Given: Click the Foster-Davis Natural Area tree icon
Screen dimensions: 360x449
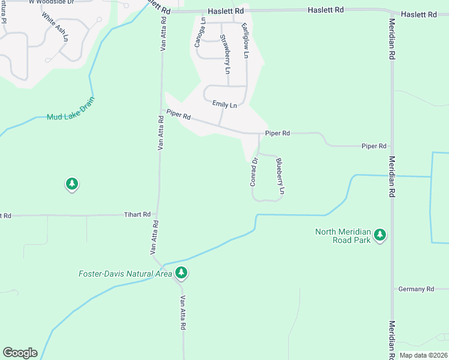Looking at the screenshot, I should pos(181,274).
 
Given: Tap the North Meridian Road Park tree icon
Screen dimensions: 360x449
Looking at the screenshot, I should pos(379,235).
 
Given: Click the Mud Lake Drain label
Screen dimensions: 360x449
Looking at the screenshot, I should pos(71,116).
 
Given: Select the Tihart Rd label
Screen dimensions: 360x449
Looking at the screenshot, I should pos(137,214).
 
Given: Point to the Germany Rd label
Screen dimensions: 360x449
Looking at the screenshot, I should pos(416,289).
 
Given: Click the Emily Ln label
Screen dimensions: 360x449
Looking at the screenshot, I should pos(224,104).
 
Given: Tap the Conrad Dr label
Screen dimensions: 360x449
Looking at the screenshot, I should pos(254,171).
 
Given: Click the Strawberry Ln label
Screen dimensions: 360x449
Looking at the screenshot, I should pos(224,55).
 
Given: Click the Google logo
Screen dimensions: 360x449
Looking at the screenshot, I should pos(20,353).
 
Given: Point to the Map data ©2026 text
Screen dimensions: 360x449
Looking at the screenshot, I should pos(423,355).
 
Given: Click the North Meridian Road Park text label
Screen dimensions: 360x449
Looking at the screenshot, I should pos(343,236).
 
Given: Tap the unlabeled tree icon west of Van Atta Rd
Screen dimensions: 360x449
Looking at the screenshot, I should pos(72,184).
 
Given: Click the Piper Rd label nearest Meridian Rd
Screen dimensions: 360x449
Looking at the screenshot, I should pos(373,146).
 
